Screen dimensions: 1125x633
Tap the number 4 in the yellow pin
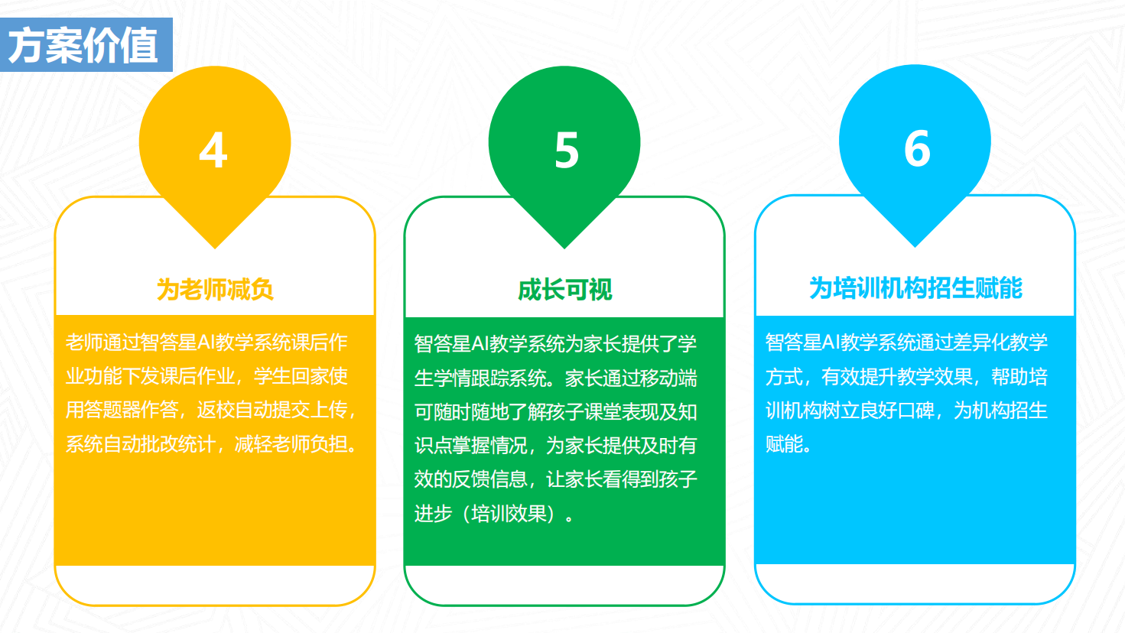pyautogui.click(x=213, y=150)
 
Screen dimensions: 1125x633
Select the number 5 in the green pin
pyautogui.click(x=567, y=150)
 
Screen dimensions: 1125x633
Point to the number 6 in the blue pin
pyautogui.click(x=917, y=148)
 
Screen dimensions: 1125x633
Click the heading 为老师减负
pyautogui.click(x=215, y=290)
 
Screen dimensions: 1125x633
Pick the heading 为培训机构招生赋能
pyautogui.click(x=915, y=288)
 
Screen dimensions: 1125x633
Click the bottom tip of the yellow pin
pyautogui.click(x=215, y=248)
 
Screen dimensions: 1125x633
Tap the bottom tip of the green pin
pyautogui.click(x=564, y=248)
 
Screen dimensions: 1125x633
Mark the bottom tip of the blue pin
pyautogui.click(x=915, y=247)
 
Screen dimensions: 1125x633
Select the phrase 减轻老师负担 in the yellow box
pyautogui.click(x=291, y=444)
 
